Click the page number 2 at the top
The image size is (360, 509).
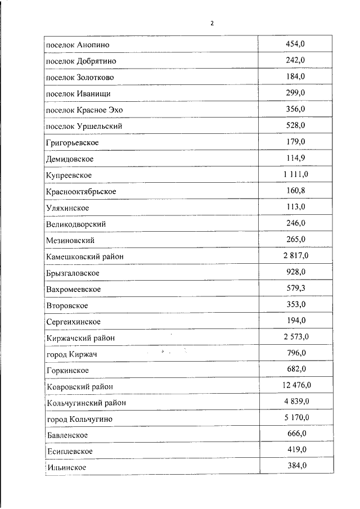(x=212, y=24)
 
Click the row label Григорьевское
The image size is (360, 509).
(x=73, y=142)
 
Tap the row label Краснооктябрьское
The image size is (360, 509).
(x=82, y=192)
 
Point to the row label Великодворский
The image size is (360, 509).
(x=76, y=224)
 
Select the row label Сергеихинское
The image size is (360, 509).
(x=74, y=322)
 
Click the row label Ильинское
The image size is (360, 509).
(x=67, y=468)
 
